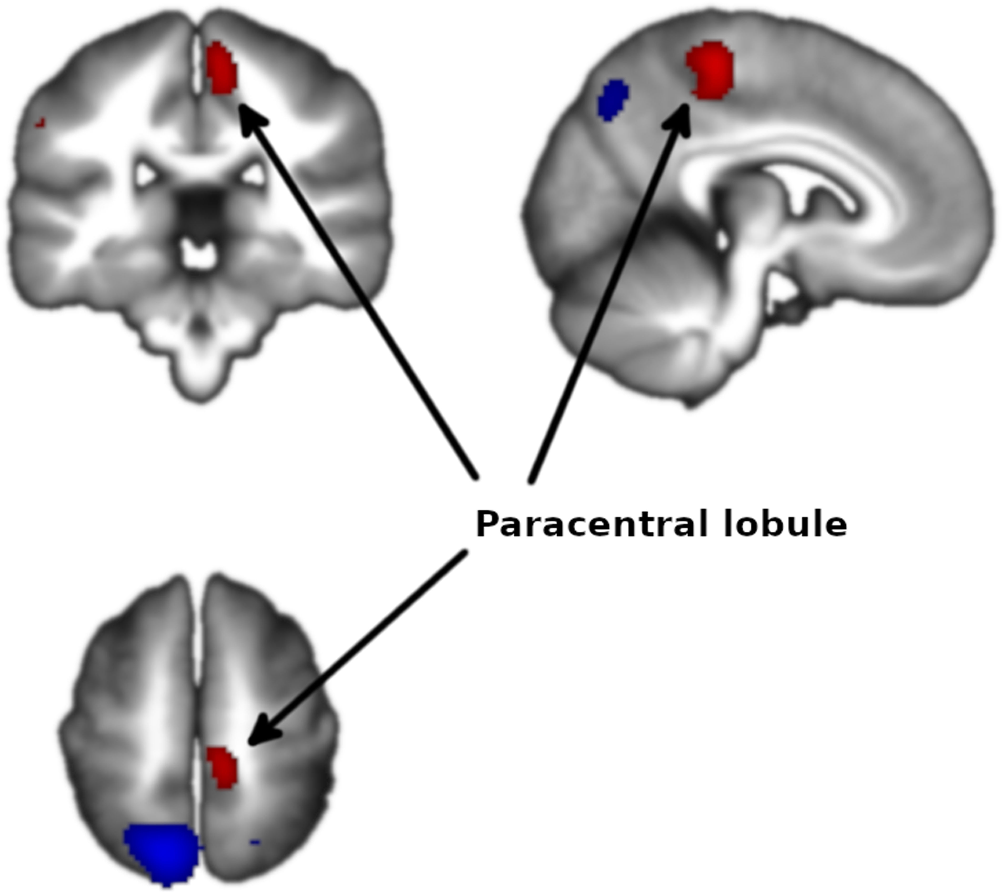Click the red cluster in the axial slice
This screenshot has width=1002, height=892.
coord(222,767)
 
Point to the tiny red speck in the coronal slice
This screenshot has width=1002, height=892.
coord(40,123)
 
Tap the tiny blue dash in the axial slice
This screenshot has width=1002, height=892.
coord(254,843)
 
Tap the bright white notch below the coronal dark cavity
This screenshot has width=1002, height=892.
coord(199,255)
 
